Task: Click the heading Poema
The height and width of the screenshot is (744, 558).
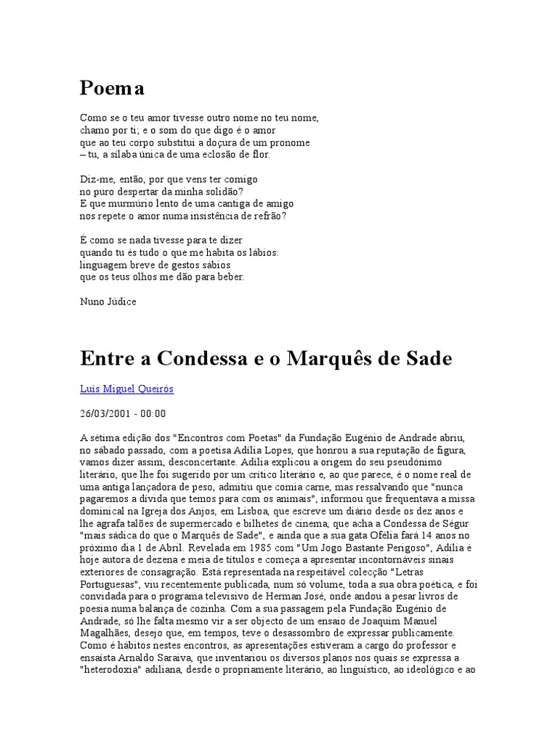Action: [112, 88]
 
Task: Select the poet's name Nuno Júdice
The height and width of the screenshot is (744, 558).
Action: [108, 301]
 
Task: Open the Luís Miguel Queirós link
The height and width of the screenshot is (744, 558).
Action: [126, 389]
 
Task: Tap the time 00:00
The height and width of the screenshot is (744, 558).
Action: [153, 413]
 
